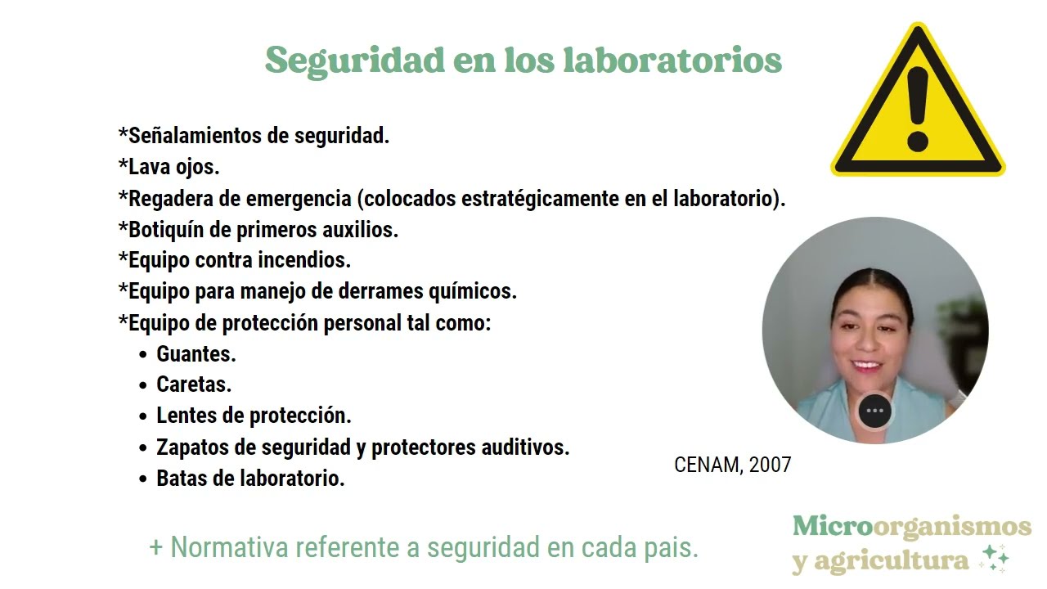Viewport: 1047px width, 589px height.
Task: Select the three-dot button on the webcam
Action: (x=874, y=411)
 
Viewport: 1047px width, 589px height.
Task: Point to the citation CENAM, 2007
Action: (x=732, y=465)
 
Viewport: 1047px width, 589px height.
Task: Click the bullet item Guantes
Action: (x=195, y=354)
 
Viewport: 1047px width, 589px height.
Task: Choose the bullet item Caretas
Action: (x=194, y=384)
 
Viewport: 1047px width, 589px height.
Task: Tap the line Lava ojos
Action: (x=169, y=167)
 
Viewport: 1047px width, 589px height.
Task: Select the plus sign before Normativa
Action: (x=156, y=547)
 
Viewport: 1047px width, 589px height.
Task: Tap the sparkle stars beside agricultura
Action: (x=995, y=558)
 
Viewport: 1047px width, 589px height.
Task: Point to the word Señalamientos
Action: (x=195, y=136)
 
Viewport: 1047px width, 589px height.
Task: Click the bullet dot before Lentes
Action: (x=143, y=416)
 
